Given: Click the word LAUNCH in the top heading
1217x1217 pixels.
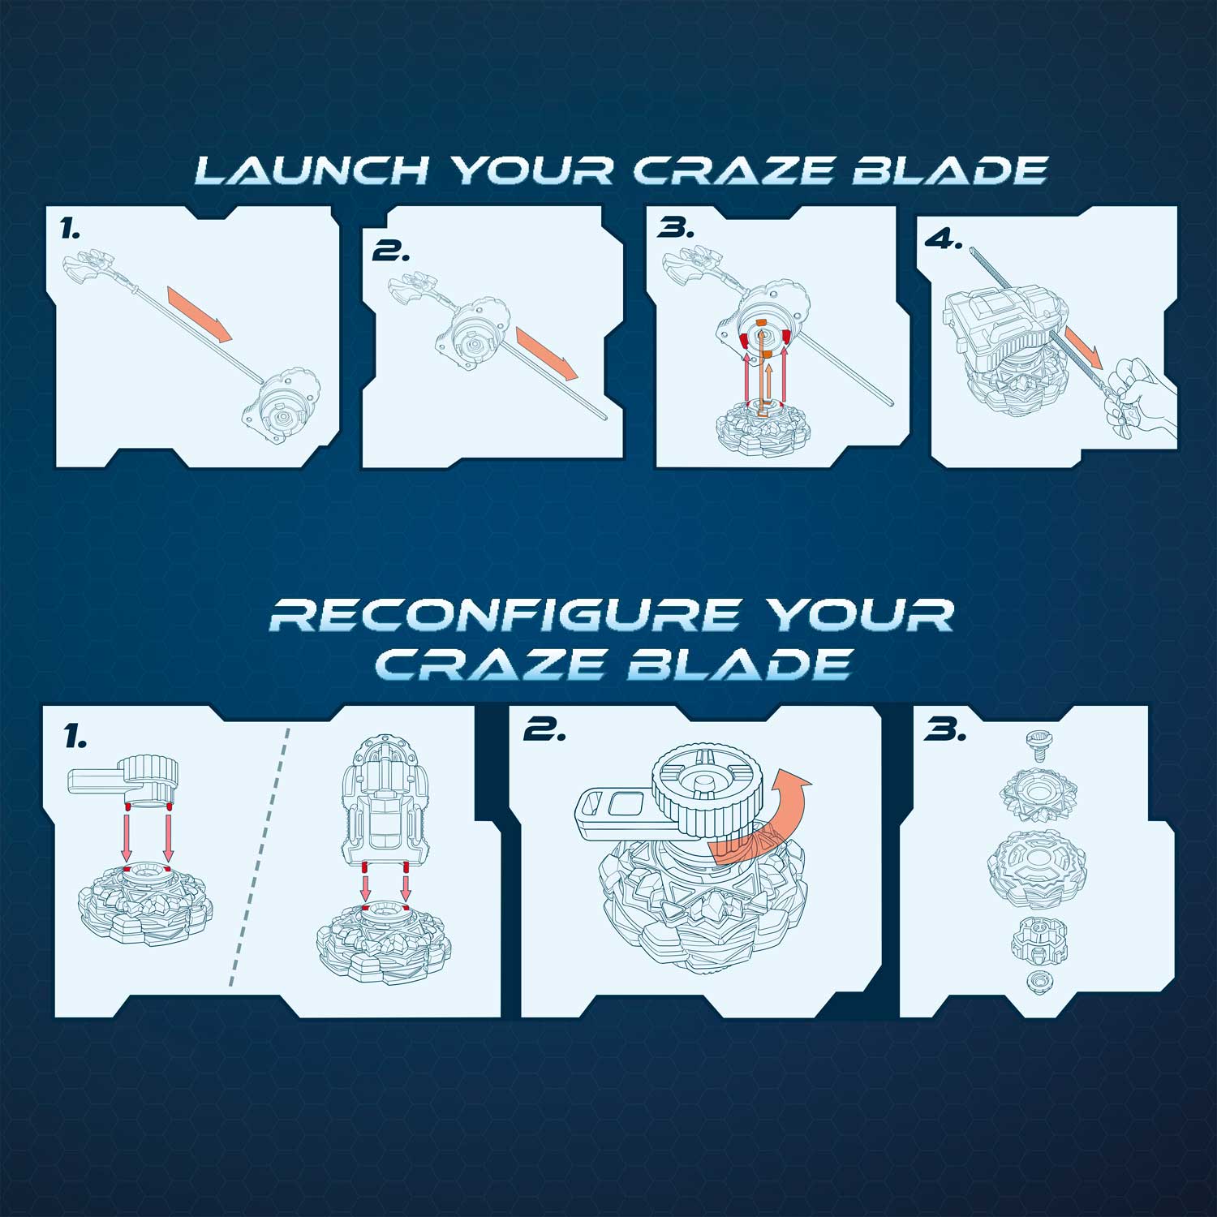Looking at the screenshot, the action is pyautogui.click(x=312, y=170).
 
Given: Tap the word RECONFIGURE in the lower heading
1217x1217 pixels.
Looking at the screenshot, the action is pyautogui.click(x=504, y=615).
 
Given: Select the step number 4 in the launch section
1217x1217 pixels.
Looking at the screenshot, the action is pyautogui.click(x=944, y=239).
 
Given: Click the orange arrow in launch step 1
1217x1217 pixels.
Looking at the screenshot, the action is pyautogui.click(x=200, y=313).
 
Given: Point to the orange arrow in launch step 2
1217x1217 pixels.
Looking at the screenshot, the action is pyautogui.click(x=547, y=352).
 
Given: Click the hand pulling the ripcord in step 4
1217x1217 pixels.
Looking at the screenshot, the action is pyautogui.click(x=1140, y=393).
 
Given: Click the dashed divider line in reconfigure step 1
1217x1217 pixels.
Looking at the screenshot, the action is pyautogui.click(x=260, y=856).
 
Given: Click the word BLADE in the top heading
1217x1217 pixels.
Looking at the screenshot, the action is pyautogui.click(x=949, y=170).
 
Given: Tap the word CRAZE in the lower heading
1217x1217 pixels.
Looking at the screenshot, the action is pyautogui.click(x=490, y=665).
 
